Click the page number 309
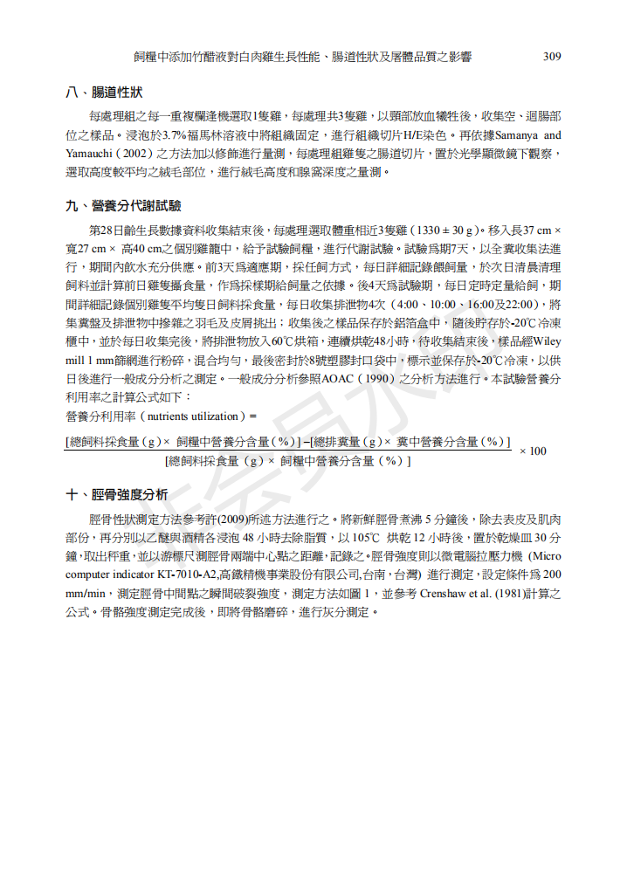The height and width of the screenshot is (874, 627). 551,57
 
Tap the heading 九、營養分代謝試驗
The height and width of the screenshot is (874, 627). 123,206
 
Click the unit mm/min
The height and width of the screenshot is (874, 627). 86,593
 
